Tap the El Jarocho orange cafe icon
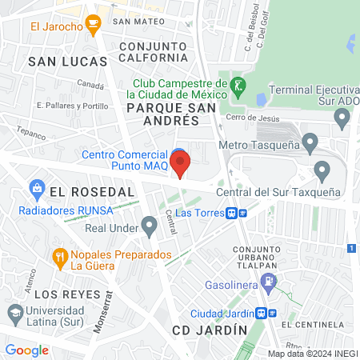pyautogui.click(x=93, y=26)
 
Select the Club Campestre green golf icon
pyautogui.click(x=236, y=85)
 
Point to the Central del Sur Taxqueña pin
pyautogui.click(x=322, y=170)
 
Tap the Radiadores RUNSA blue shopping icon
pyautogui.click(x=36, y=189)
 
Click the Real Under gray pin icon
pyautogui.click(x=148, y=226)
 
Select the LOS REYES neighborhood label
pyautogui.click(x=61, y=293)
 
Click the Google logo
pyautogui.click(x=26, y=350)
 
